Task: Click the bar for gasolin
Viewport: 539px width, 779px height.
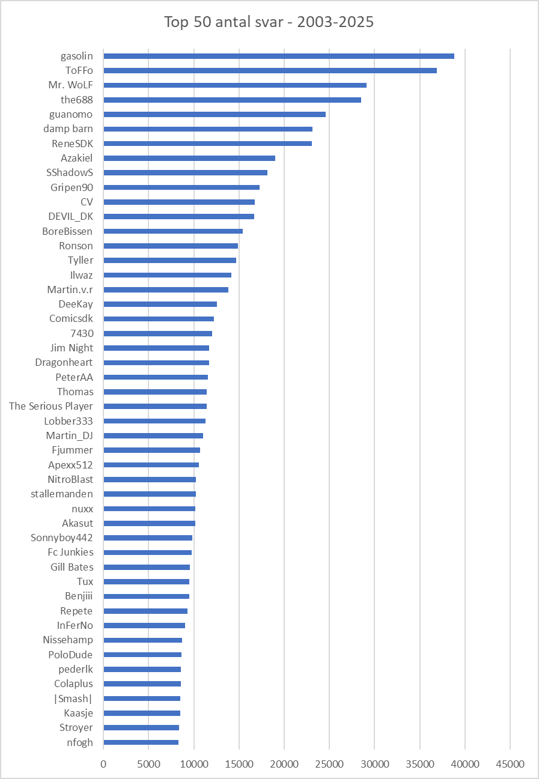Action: (x=279, y=56)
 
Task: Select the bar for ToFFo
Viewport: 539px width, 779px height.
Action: (x=270, y=70)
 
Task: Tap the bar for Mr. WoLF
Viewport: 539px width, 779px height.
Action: (x=235, y=85)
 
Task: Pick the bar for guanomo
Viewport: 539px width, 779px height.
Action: (x=215, y=114)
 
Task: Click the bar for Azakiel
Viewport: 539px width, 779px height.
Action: (x=189, y=158)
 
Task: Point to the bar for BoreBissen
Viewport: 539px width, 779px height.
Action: (x=173, y=231)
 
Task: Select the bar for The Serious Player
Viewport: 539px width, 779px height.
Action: (x=155, y=406)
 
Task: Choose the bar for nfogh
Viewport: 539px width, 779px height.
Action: (x=141, y=742)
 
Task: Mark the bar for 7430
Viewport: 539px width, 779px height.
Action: (x=158, y=333)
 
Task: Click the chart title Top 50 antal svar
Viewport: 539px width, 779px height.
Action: (x=269, y=22)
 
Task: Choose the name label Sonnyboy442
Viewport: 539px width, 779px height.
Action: (x=62, y=538)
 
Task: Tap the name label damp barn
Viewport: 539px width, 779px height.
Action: (x=68, y=129)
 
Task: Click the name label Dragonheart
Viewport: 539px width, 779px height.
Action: (x=64, y=362)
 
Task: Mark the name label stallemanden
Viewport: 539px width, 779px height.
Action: (x=62, y=494)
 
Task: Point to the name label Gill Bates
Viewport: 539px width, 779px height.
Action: (x=72, y=567)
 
